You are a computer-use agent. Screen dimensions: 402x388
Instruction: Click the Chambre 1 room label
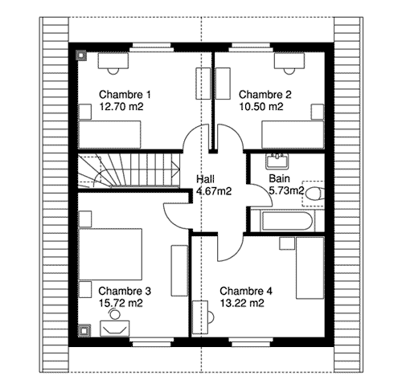125,95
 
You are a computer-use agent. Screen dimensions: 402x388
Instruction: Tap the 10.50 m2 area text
261,107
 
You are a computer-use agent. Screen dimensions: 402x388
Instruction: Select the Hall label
205,179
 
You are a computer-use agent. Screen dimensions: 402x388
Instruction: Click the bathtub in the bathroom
287,221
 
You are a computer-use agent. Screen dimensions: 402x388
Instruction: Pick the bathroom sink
277,161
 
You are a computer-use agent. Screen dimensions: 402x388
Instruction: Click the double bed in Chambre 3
110,254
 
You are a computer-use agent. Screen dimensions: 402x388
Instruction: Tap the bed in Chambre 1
109,134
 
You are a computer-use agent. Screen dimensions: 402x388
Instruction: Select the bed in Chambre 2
293,135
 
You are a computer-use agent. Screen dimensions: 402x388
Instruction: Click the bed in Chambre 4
310,268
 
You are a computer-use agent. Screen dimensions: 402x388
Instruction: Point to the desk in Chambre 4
200,317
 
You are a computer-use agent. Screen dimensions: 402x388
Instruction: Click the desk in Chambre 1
113,61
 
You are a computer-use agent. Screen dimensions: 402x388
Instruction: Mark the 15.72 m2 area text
121,303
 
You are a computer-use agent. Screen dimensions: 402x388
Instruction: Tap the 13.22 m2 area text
242,303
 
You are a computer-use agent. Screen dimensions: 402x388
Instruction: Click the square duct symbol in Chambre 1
81,55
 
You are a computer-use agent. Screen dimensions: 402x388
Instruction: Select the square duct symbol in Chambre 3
85,330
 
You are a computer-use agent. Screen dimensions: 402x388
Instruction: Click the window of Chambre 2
251,47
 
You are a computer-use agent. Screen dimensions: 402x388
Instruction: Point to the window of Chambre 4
251,342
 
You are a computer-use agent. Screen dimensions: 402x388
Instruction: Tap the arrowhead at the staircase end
176,169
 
